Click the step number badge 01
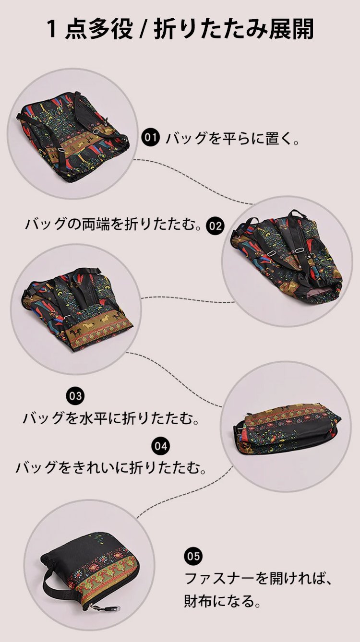click(x=151, y=138)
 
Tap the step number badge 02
click(x=215, y=226)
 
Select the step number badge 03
click(x=75, y=396)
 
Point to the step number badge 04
click(x=161, y=446)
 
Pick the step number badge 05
click(x=193, y=557)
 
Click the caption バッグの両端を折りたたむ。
click(x=113, y=225)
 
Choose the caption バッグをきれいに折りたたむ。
click(x=111, y=467)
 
